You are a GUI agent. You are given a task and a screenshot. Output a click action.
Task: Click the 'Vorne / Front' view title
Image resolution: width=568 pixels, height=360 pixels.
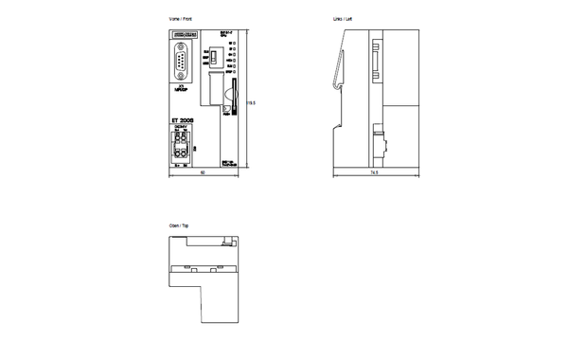pyautogui.click(x=180, y=19)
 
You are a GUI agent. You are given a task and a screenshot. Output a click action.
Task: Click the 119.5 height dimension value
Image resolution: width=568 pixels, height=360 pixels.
pyautogui.click(x=251, y=100)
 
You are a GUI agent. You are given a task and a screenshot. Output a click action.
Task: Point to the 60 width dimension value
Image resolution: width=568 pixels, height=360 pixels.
pyautogui.click(x=203, y=173)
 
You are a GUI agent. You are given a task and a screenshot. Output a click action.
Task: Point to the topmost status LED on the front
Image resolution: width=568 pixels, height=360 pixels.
pyautogui.click(x=233, y=43)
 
